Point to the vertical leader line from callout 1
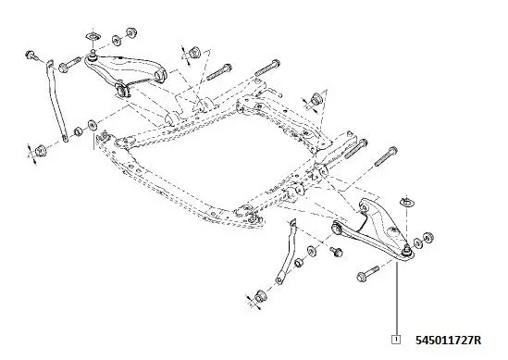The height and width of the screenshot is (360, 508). pos(396,296)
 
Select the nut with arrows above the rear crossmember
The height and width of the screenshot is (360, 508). pos(318,96)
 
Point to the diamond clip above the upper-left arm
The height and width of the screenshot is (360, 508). pos(93,37)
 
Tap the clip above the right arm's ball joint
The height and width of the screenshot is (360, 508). pos(407,200)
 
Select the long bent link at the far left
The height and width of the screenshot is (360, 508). pos(55,102)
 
